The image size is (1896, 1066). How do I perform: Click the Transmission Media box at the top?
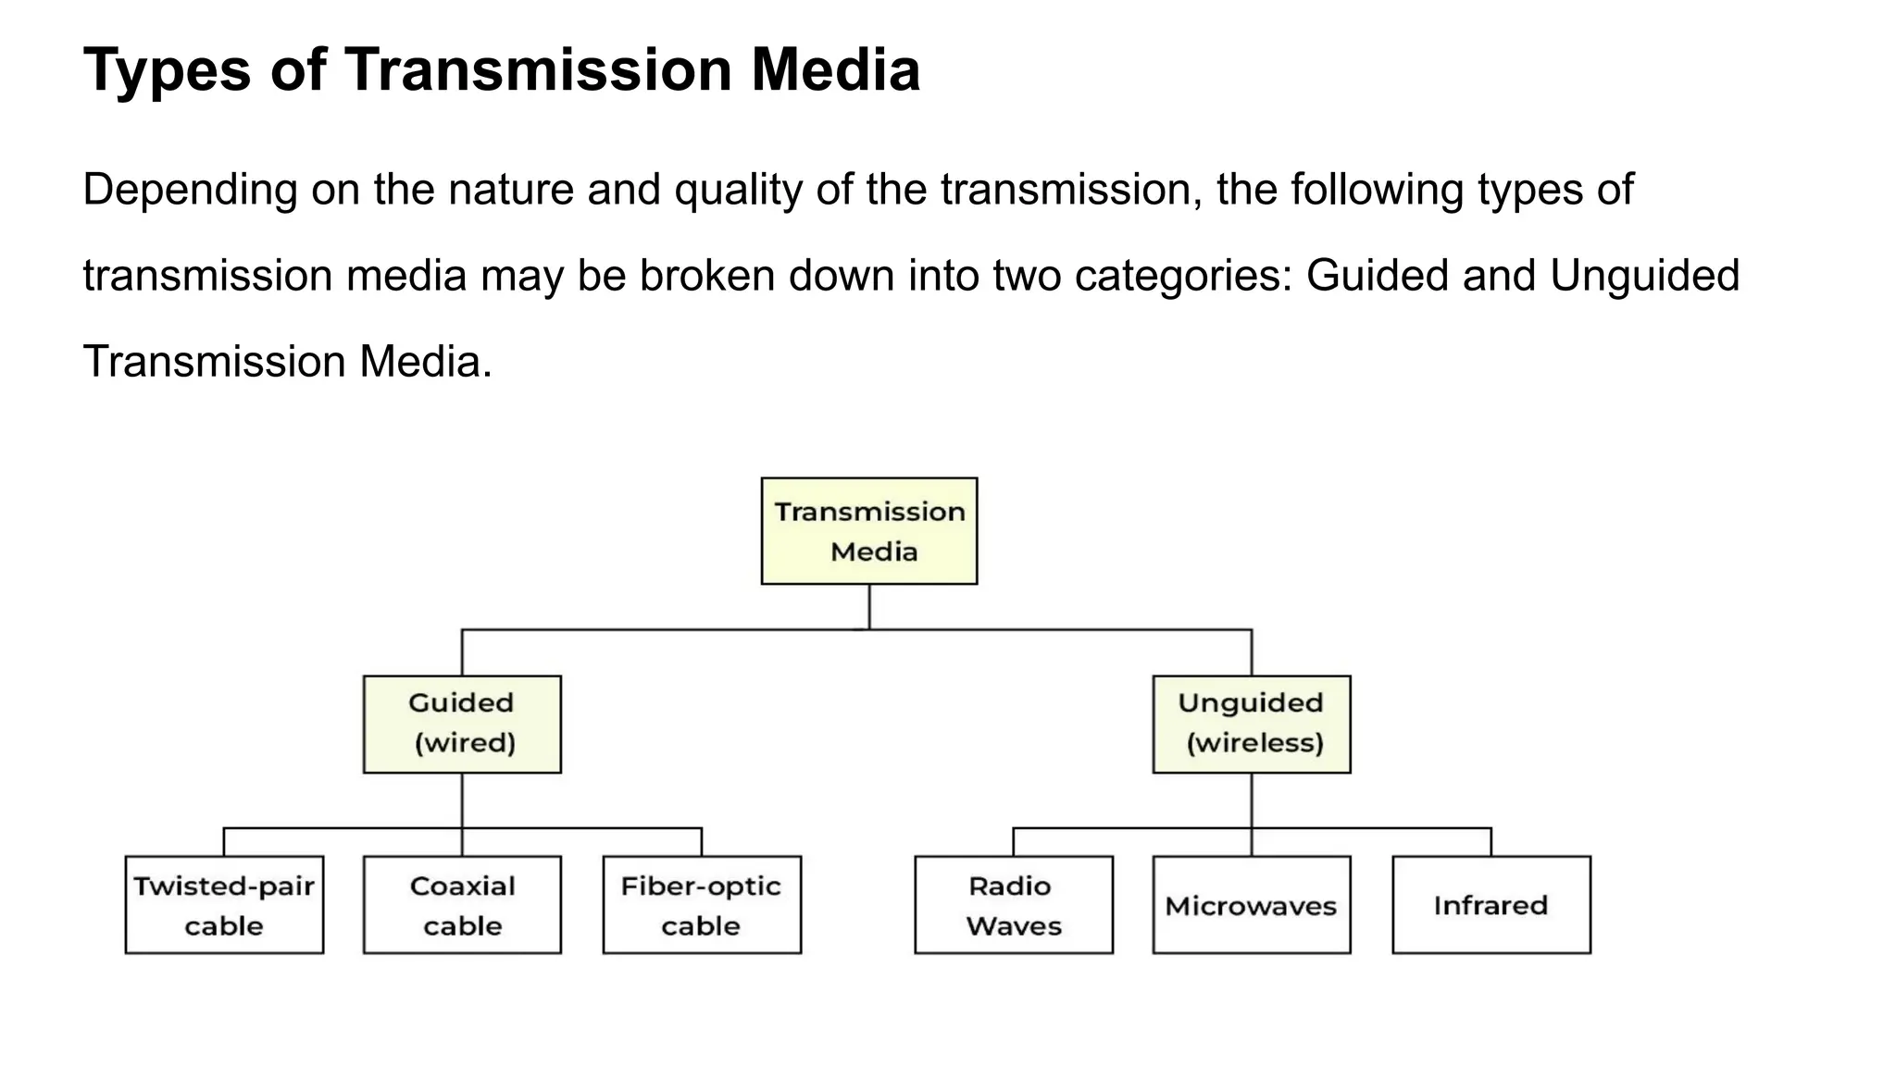868,531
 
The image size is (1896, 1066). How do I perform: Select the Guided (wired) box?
462,724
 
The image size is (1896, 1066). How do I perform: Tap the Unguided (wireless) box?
1251,724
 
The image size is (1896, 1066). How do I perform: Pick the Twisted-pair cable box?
224,904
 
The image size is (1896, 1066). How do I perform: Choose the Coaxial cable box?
462,904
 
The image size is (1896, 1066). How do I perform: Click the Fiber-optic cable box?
702,904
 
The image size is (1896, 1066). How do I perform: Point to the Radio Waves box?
1014,904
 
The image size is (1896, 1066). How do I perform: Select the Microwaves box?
1251,904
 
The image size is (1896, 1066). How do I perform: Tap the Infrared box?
1491,904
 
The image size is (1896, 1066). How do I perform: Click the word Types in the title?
167,70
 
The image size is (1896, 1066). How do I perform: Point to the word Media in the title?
835,70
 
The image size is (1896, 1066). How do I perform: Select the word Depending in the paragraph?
190,191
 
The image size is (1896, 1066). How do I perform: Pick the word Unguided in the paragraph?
1644,277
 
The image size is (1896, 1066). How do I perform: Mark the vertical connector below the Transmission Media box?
868,606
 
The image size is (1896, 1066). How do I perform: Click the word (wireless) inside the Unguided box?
1254,743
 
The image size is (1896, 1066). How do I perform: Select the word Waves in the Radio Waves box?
1014,926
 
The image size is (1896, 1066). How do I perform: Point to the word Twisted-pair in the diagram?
224,886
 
